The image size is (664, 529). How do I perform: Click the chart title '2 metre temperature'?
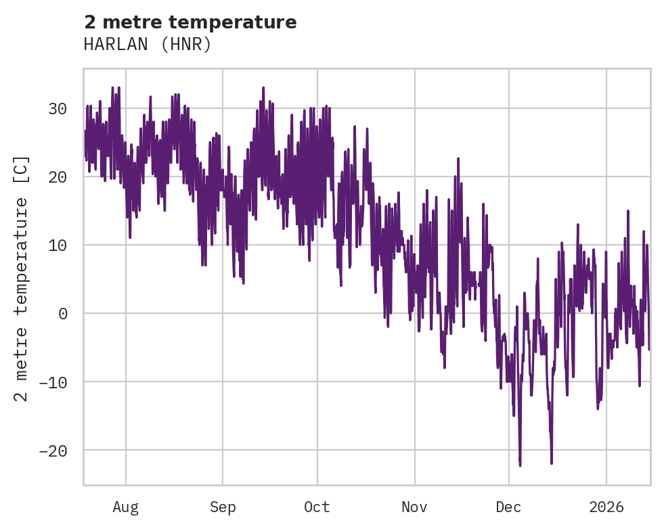pos(190,22)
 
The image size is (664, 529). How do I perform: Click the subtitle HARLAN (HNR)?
pos(148,45)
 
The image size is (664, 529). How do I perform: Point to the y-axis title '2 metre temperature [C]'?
pos(22,278)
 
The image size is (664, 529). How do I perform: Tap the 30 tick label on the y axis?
pos(57,109)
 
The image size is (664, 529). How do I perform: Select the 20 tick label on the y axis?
pos(57,177)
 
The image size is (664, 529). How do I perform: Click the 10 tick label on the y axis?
pos(57,245)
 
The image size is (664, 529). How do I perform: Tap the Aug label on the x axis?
pos(125,507)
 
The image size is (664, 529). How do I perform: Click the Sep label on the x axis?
pos(222,507)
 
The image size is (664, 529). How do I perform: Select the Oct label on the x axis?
pos(317,507)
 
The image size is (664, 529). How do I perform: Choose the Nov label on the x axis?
pos(414,507)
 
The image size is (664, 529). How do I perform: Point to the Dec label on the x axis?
pos(508,507)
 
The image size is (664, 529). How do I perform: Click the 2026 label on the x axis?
pos(606,507)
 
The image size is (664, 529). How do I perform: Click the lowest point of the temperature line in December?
pos(520,465)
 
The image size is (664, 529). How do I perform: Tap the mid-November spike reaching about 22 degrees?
pos(458,159)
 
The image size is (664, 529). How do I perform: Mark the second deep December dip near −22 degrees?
pos(552,463)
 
